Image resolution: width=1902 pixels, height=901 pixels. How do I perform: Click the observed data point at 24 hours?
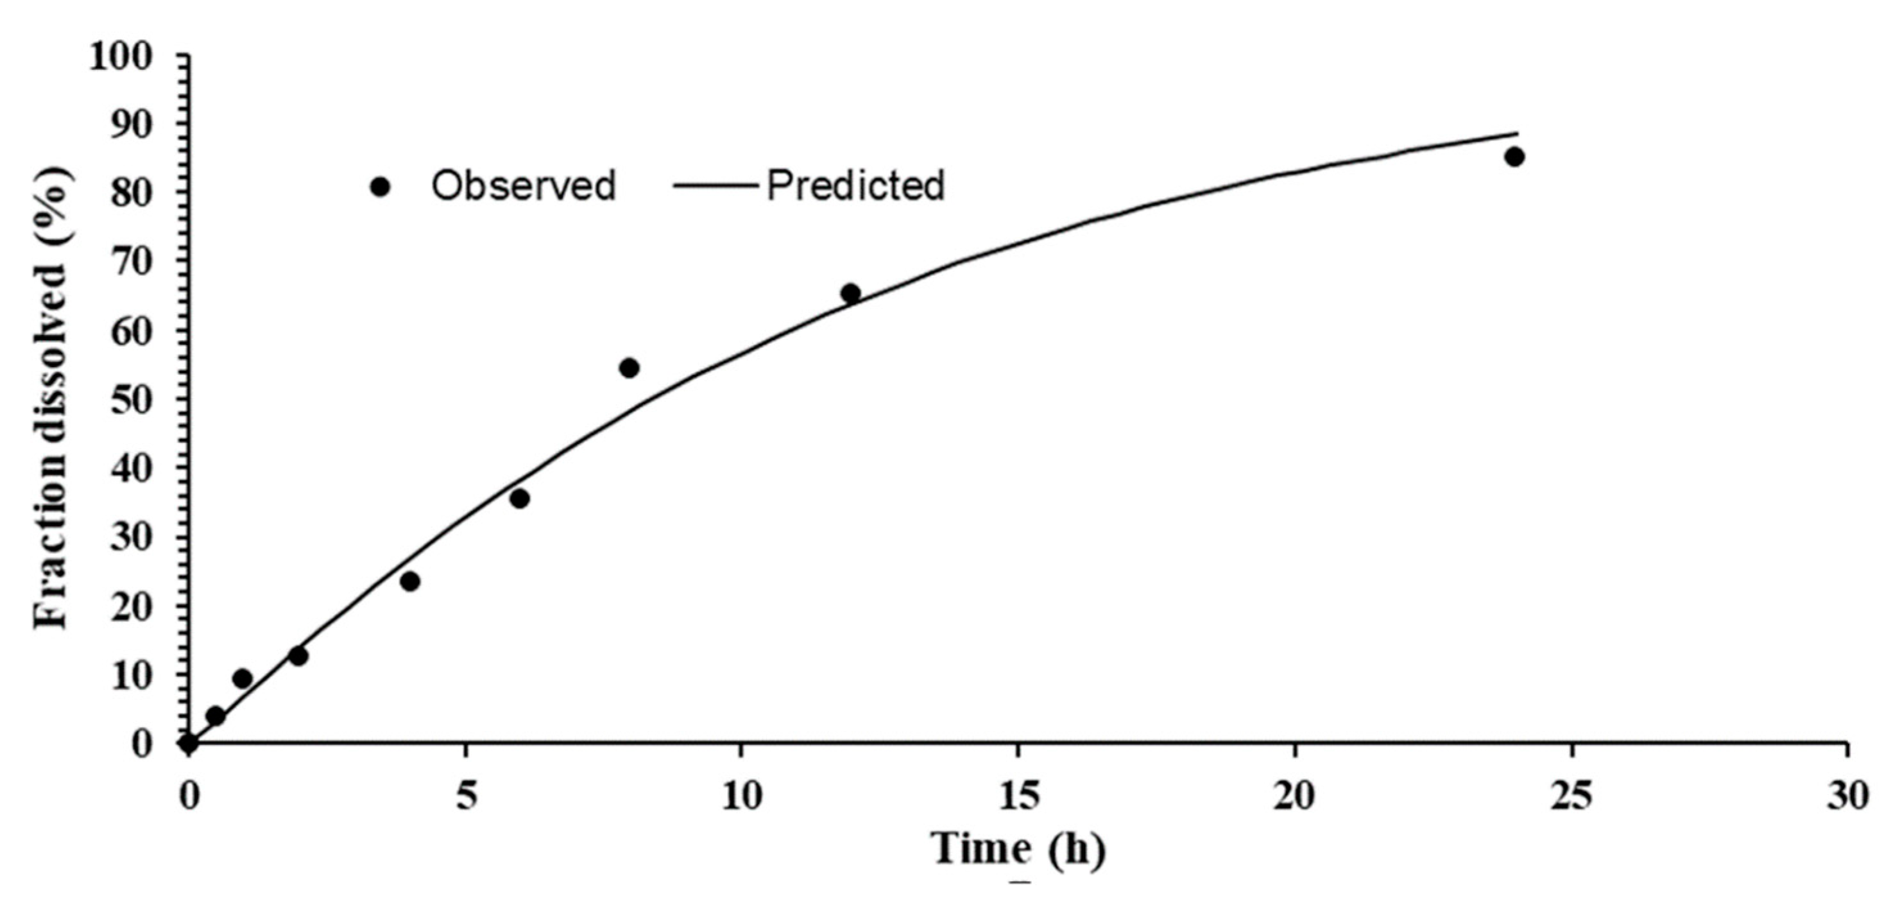(1514, 157)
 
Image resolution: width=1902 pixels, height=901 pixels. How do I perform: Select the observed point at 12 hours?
(851, 293)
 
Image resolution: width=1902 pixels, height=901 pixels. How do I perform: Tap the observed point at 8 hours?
(629, 368)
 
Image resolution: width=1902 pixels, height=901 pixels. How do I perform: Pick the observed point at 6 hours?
(519, 499)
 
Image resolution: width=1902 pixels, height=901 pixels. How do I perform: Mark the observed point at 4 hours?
(410, 581)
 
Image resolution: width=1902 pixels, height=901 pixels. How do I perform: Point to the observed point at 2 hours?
(298, 656)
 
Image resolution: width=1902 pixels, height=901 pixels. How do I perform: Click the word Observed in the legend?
(524, 185)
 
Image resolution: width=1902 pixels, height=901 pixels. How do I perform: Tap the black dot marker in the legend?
(381, 187)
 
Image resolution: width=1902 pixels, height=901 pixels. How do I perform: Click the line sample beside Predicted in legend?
(716, 185)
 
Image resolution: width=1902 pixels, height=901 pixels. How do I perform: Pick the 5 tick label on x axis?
(465, 796)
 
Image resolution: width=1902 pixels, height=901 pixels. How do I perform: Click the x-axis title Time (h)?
(1019, 849)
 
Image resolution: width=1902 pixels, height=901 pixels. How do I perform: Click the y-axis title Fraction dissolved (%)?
(52, 399)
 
